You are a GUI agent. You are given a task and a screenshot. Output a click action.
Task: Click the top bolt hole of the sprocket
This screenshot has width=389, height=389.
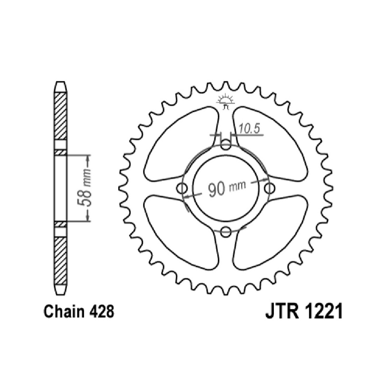tap(226, 145)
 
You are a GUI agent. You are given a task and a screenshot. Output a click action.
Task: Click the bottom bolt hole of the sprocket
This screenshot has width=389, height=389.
tap(226, 232)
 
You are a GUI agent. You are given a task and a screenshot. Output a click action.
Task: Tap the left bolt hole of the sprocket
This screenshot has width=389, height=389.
tap(182, 189)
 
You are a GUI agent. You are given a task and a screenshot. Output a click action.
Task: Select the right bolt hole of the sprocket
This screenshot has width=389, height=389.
tap(270, 189)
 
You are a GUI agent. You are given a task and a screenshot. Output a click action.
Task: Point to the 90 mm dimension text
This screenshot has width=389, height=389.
tap(227, 188)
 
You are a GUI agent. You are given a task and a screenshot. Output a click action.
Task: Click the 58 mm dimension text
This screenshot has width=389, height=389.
tap(84, 187)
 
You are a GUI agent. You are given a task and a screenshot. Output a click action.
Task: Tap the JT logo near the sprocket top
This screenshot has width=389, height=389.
tap(225, 101)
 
